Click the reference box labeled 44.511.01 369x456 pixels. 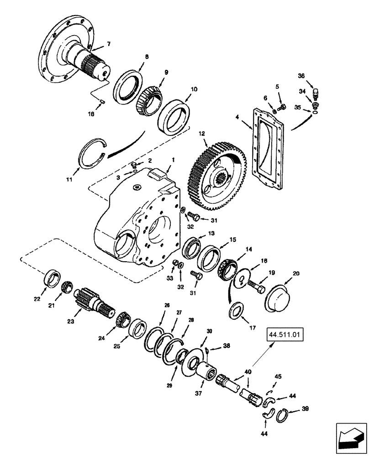tap(284, 338)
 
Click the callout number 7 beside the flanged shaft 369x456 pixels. tap(108, 44)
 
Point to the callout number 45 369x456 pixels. tap(277, 377)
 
